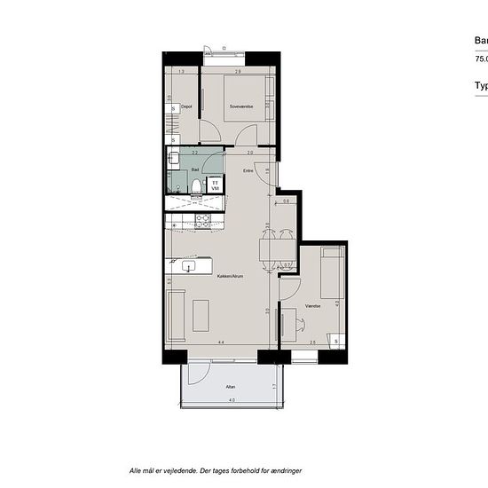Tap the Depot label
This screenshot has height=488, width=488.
[186, 107]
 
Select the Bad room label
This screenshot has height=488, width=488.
[195, 168]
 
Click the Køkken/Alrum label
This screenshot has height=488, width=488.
[230, 276]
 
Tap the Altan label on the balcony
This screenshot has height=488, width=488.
[230, 386]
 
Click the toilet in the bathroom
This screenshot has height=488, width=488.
[196, 185]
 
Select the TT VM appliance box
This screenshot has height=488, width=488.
[214, 185]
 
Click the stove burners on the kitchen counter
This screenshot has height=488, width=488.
[203, 220]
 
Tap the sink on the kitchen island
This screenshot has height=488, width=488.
[188, 265]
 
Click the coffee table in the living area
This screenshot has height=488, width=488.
[201, 315]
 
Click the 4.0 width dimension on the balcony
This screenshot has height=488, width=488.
[232, 402]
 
